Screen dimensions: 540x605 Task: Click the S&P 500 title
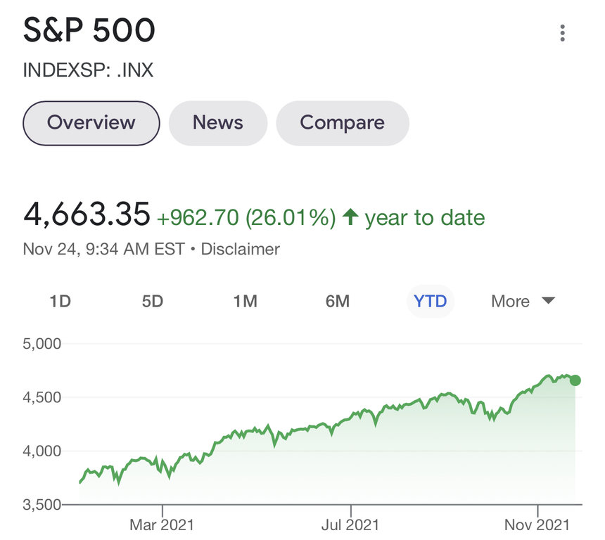tap(89, 31)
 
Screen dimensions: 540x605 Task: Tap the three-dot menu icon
tap(562, 33)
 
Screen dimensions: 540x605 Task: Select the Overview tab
tap(91, 123)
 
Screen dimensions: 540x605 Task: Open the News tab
tap(218, 123)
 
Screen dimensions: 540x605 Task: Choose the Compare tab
tap(342, 123)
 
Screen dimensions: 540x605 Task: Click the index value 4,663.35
tap(87, 214)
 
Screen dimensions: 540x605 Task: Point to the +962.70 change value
tap(198, 217)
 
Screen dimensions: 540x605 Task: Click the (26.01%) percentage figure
tap(291, 217)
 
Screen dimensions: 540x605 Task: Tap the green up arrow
tap(350, 217)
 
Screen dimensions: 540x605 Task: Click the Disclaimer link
tap(240, 249)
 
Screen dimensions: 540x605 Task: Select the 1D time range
tap(60, 302)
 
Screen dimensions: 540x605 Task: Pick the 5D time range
tap(153, 302)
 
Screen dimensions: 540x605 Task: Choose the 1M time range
tap(245, 302)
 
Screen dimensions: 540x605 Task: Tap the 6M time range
tap(338, 302)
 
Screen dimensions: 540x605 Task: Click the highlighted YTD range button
tap(430, 302)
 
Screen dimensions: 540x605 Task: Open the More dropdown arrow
tap(548, 302)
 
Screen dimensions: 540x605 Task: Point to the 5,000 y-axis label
tap(42, 344)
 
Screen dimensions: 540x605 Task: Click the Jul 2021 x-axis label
tap(350, 525)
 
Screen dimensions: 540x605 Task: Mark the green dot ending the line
tap(575, 380)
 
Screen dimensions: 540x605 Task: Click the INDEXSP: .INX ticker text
tap(88, 70)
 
